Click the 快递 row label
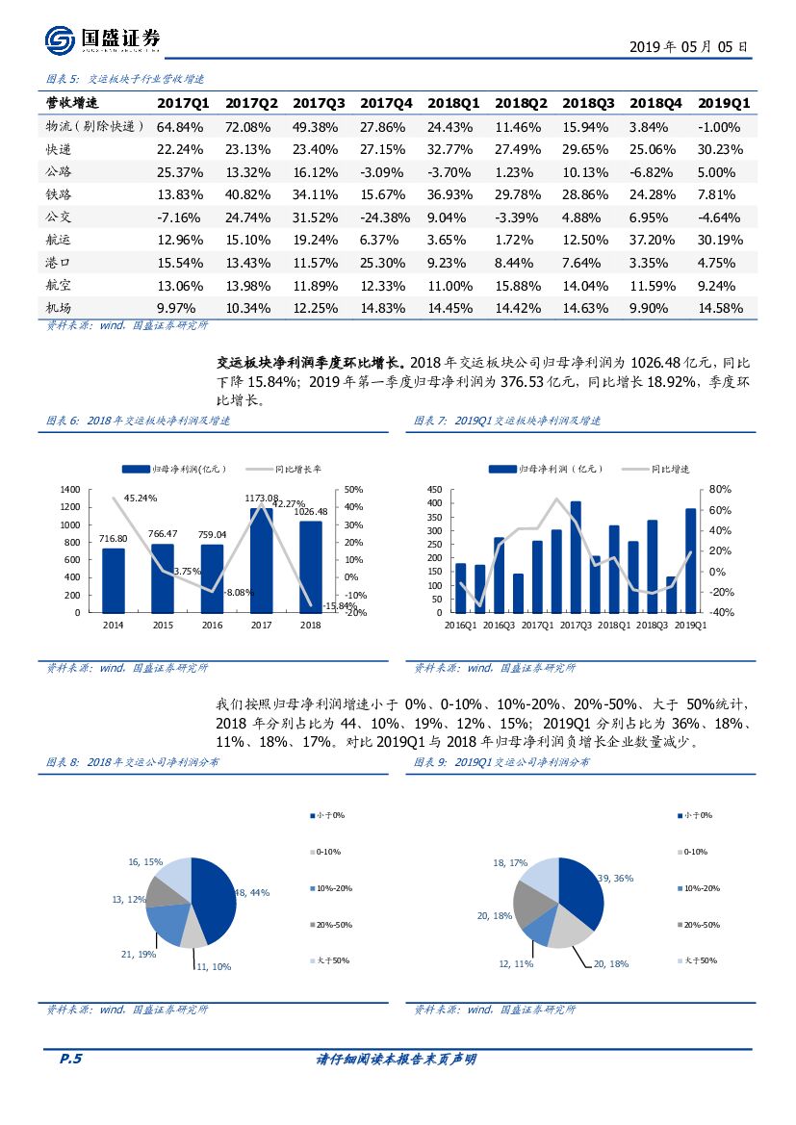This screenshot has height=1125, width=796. point(60,149)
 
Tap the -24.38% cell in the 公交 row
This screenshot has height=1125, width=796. point(386,217)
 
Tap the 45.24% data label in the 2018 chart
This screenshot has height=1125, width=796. point(141,498)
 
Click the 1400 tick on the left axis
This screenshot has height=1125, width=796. point(69,490)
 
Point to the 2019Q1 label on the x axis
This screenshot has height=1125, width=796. point(690,625)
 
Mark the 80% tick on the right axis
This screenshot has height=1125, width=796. point(721,489)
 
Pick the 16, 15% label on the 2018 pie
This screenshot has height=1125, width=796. point(145,862)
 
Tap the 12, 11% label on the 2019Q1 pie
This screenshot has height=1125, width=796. point(516,962)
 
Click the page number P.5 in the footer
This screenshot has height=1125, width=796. point(70,1059)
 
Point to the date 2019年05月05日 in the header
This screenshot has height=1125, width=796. point(688,46)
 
